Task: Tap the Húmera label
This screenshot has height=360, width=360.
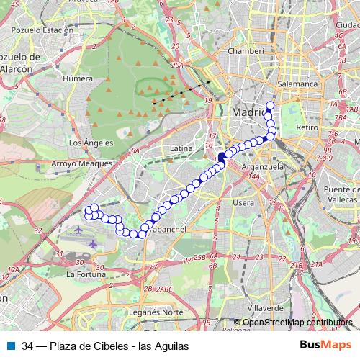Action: pyautogui.click(x=77, y=79)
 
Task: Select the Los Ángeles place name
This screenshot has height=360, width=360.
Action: pyautogui.click(x=86, y=143)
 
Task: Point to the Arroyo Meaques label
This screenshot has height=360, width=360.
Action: pyautogui.click(x=81, y=163)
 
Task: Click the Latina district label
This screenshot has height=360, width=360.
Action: pyautogui.click(x=180, y=148)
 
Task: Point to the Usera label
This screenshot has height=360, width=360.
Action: pyautogui.click(x=243, y=203)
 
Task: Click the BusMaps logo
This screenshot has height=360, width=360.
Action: pyautogui.click(x=326, y=346)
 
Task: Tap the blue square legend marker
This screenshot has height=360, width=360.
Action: pyautogui.click(x=10, y=346)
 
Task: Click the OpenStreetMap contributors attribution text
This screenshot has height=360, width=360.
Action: pyautogui.click(x=297, y=323)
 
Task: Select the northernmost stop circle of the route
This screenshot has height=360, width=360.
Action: pyautogui.click(x=269, y=106)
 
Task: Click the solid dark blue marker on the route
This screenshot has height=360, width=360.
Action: pyautogui.click(x=222, y=158)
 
